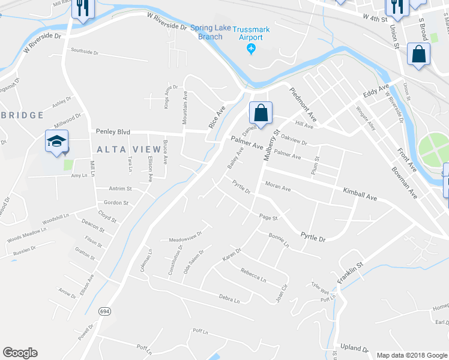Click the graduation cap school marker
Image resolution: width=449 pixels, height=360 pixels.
click(56, 142)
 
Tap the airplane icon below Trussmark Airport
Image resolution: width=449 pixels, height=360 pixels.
click(252, 49)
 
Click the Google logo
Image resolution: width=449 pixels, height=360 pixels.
click(20, 353)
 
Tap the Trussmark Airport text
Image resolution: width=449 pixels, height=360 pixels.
click(252, 32)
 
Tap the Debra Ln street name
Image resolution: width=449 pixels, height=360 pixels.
click(229, 298)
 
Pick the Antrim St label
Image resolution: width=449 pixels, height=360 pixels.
click(120, 188)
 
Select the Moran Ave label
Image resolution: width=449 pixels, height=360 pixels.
click(278, 188)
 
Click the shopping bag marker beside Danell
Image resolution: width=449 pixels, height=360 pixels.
click(261, 113)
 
